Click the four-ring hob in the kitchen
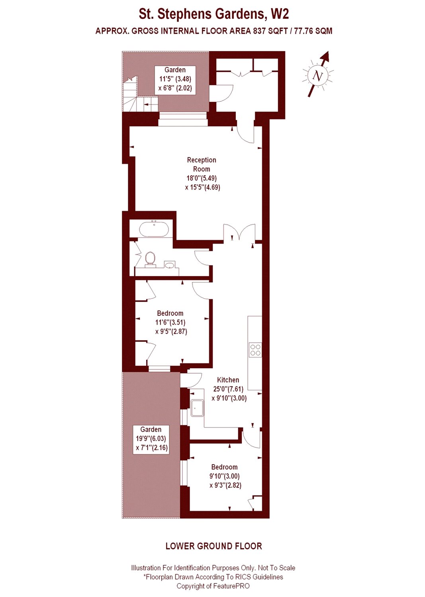[x=255, y=350]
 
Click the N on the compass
[x=317, y=76]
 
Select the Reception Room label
[x=202, y=164]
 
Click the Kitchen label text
[x=228, y=380]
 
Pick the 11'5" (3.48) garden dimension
[x=175, y=79]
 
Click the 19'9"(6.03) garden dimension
[x=151, y=439]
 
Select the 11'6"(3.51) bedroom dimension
[x=170, y=322]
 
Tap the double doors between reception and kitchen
[x=239, y=232]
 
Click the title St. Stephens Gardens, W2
[x=214, y=14]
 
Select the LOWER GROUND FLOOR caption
[x=214, y=546]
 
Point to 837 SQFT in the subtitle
[x=270, y=31]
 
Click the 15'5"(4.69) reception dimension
[x=203, y=187]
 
